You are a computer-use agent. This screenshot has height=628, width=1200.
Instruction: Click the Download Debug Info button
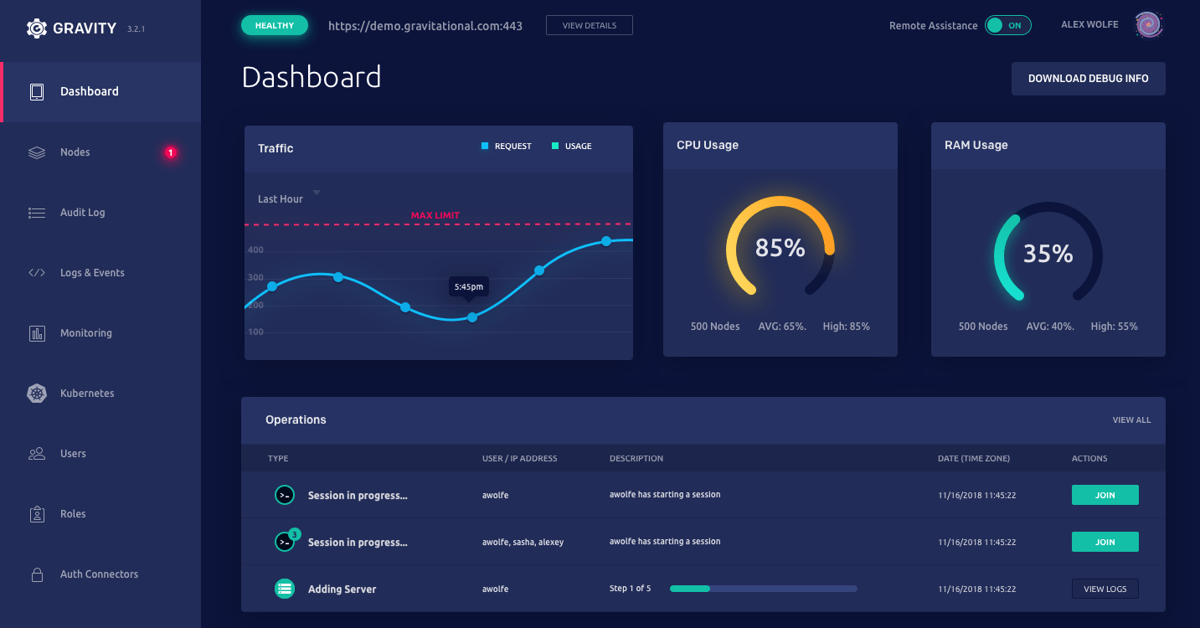tap(1088, 79)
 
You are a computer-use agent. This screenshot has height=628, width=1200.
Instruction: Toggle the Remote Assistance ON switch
tap(1007, 25)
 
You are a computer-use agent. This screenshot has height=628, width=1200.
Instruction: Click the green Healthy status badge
tap(275, 26)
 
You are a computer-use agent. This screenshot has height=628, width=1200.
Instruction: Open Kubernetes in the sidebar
tap(87, 394)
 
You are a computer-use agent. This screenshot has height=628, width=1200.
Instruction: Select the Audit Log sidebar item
tap(82, 213)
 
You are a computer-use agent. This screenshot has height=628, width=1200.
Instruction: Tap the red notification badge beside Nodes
tap(170, 152)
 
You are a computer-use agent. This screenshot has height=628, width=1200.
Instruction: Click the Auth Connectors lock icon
tap(37, 574)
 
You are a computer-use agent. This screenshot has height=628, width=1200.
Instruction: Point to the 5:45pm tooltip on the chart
tap(468, 286)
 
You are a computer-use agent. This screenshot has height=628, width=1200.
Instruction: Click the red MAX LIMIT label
tap(435, 215)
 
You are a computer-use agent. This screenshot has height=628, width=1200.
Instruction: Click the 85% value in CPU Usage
tap(780, 248)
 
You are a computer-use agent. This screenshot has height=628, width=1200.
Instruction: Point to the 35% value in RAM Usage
tap(1048, 254)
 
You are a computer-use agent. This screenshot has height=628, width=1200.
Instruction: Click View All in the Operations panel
tap(1131, 420)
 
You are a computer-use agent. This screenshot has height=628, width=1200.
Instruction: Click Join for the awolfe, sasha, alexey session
tap(1105, 543)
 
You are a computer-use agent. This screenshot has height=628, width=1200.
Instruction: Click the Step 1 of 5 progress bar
tap(763, 589)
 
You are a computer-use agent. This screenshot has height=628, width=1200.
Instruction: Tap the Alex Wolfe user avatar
tap(1149, 25)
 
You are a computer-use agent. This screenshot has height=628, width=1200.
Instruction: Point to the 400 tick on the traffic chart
tap(255, 250)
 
